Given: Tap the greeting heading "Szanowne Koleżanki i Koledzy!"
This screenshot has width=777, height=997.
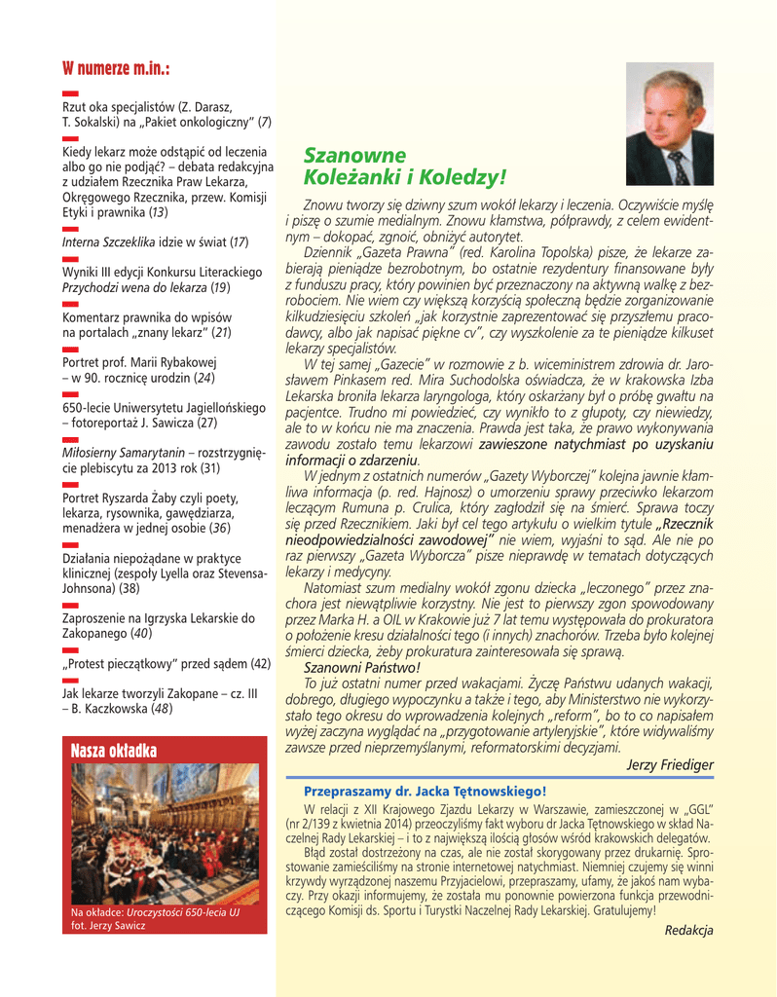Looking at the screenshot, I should (405, 167).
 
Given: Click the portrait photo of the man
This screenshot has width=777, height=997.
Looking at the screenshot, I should (669, 124).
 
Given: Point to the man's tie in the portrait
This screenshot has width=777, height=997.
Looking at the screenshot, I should (677, 168).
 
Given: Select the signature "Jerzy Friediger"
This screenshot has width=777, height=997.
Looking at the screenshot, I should (670, 765).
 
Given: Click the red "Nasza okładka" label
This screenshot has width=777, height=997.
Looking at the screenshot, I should (115, 752).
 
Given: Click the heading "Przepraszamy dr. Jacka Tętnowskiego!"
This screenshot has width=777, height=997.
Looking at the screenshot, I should (425, 792).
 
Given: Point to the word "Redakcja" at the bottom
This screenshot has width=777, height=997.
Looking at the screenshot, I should (688, 930).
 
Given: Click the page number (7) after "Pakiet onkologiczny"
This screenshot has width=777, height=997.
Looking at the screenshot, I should (264, 122).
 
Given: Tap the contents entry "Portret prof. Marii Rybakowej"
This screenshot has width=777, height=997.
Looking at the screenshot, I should (139, 363).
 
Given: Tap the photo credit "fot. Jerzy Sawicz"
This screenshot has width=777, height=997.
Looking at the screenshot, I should (108, 925).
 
